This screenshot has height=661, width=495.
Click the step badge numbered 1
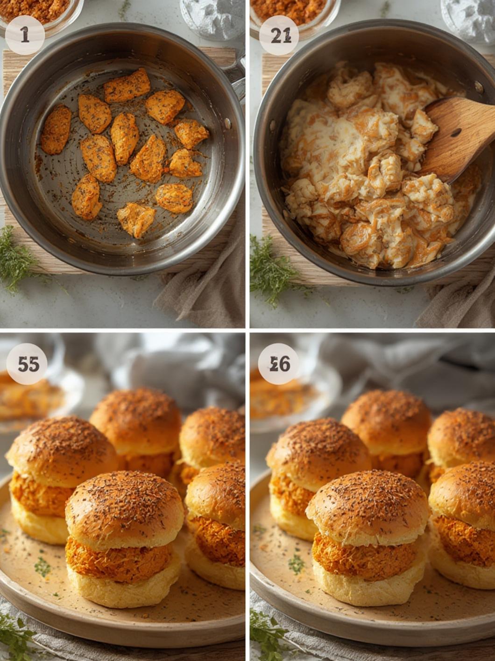[24, 35]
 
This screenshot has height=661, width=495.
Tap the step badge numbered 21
[279, 36]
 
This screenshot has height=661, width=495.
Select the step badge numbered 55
[27, 364]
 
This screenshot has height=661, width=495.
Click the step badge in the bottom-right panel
[279, 364]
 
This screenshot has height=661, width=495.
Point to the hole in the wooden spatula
[456, 133]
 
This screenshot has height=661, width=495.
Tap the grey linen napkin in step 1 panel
[205, 290]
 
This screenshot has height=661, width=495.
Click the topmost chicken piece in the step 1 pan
[127, 85]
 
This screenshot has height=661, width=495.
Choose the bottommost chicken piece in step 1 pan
[136, 220]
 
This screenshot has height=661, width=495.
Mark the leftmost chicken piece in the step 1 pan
[56, 129]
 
